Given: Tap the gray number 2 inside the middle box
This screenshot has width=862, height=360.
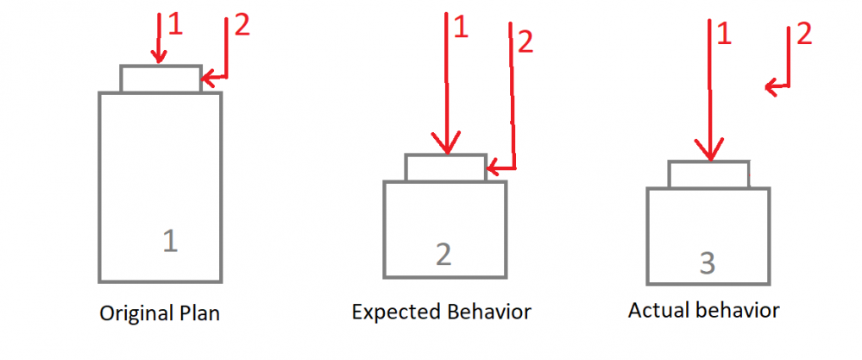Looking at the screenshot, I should pos(443,254).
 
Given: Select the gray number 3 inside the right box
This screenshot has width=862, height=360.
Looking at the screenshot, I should pos(708,262).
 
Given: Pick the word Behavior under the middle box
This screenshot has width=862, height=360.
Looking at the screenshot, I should pos(488,311).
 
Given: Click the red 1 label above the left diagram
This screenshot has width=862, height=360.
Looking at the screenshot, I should pos(176,25).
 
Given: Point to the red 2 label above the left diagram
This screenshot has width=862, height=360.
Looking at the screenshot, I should pos(242,27).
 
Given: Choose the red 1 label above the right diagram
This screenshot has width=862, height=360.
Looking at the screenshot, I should pos(724,34).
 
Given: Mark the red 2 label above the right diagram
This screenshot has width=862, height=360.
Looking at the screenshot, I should pos(803,35).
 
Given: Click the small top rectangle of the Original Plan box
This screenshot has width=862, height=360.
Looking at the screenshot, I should pos(160,79).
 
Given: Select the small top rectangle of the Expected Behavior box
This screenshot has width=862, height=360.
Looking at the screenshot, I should pos(445,167).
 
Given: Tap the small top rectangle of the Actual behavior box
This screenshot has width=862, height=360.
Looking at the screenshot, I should pos(708,174).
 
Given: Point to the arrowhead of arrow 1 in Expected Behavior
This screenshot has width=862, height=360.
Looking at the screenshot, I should pos(445,148).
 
